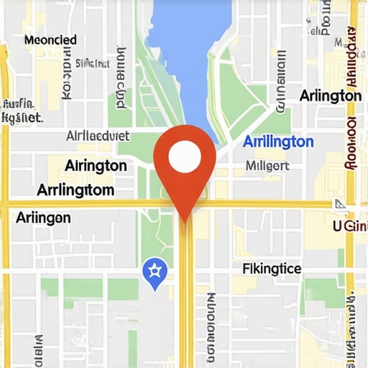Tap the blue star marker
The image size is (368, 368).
[x=155, y=271]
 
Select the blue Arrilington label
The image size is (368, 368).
[x=278, y=142]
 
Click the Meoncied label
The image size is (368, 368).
[x=50, y=40]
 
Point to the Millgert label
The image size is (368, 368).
[x=267, y=166]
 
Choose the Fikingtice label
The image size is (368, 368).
[x=272, y=269]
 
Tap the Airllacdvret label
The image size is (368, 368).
[x=98, y=135]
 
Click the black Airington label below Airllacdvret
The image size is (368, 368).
[x=96, y=165]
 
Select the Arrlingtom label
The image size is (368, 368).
[x=75, y=190]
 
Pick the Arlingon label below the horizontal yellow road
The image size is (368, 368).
[x=43, y=217]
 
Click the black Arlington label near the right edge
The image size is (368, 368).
[x=330, y=96]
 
